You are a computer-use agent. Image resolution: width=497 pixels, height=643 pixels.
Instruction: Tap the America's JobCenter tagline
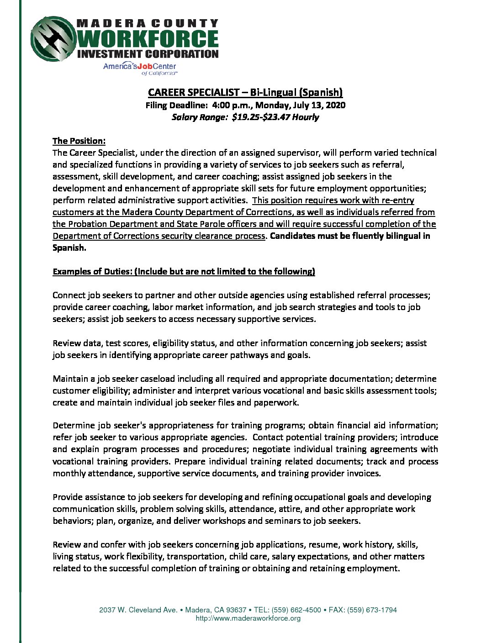139,67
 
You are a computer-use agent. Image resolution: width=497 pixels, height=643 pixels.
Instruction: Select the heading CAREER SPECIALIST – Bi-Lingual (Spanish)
245,92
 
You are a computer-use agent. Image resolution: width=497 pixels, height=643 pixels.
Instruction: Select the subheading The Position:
79,141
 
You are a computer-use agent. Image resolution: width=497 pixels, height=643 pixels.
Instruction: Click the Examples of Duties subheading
184,271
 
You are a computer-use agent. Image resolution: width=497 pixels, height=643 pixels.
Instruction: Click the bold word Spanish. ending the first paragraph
69,248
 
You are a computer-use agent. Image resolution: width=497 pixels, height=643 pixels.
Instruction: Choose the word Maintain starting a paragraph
70,379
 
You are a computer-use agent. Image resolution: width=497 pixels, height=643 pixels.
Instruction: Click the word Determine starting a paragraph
74,425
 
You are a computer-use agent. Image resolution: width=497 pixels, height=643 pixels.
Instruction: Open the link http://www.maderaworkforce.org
248,618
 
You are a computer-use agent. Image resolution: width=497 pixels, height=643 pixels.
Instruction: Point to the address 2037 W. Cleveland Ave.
138,610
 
